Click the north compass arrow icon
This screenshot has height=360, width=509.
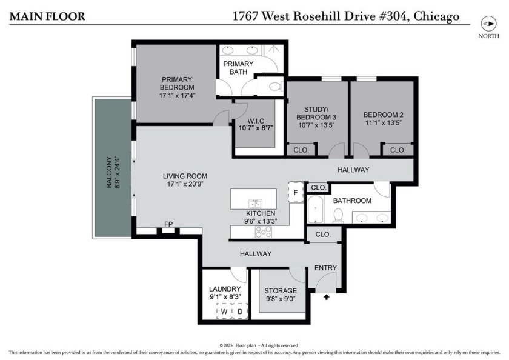[x=488, y=24]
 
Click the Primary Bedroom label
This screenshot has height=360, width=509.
[x=176, y=83]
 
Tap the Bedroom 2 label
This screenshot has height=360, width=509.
[x=383, y=115]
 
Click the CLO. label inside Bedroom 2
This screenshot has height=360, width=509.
[x=398, y=150]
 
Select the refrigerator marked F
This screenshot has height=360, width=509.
[x=296, y=192]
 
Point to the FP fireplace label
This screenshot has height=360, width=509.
[x=168, y=224]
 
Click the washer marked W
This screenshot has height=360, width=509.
[x=224, y=312]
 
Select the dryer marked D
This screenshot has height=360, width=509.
[x=239, y=312]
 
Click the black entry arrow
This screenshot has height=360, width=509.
[x=327, y=298]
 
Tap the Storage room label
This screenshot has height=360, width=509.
[x=281, y=291]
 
